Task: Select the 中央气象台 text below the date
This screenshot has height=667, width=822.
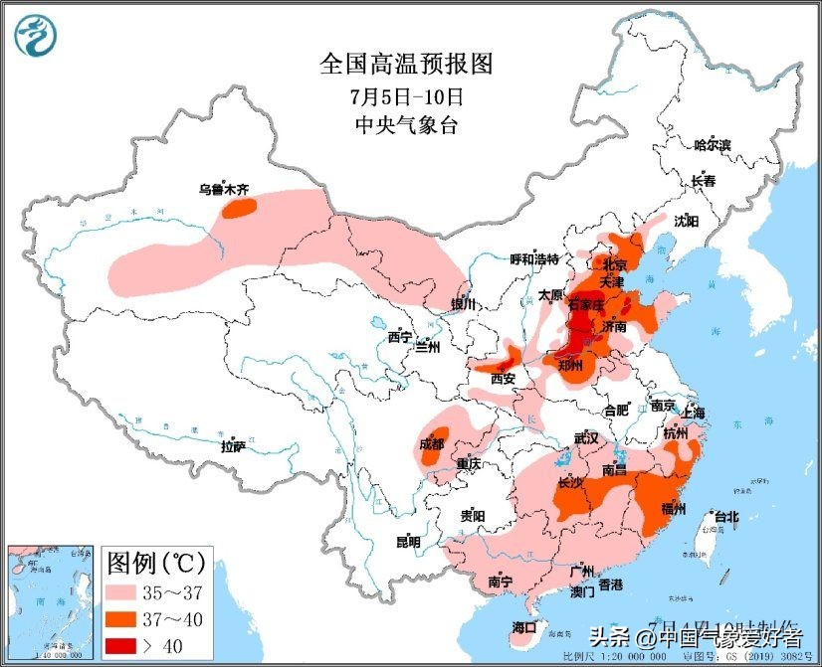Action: (x=406, y=125)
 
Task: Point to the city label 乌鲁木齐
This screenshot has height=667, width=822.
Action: (x=221, y=188)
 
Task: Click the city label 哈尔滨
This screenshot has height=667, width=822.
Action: (x=713, y=145)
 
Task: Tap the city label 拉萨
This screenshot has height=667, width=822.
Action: (x=233, y=446)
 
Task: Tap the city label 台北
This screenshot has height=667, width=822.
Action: (x=726, y=516)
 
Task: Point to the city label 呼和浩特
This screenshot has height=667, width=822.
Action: (x=535, y=259)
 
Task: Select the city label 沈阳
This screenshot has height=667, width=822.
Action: (x=687, y=221)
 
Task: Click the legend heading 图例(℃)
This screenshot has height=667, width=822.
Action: (x=155, y=564)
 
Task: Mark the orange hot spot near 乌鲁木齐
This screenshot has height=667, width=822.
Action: (x=239, y=208)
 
